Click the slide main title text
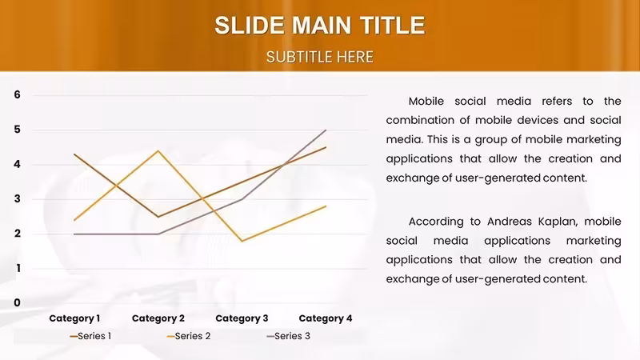320,26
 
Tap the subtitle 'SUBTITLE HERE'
320,57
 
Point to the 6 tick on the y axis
17,94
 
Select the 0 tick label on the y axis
17,303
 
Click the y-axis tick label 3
17,198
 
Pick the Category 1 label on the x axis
74,318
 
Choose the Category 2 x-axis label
158,318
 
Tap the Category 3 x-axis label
242,318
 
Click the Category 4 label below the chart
326,318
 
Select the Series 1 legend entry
90,336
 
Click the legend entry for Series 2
189,336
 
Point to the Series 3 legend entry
288,336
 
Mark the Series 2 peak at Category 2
158,151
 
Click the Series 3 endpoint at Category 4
326,130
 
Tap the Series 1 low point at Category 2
158,217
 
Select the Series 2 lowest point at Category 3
242,241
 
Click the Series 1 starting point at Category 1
74,154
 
